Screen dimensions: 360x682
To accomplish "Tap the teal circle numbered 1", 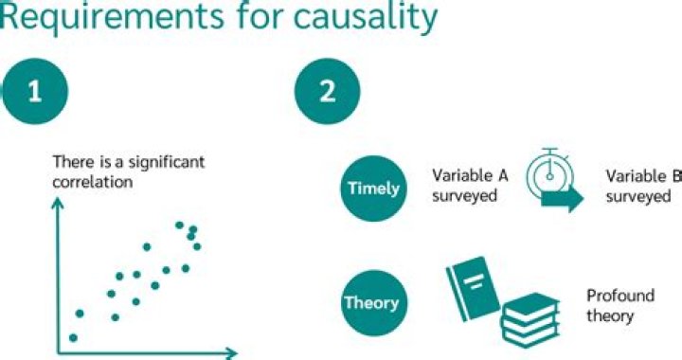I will coord(35,93).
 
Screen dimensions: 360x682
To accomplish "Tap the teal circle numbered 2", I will coord(327,93).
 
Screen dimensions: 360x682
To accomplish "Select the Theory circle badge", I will coord(370,304).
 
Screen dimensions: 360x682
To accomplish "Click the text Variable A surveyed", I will coord(466,186).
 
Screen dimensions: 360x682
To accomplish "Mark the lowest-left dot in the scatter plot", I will coord(73,337).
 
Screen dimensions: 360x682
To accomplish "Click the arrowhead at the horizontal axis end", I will coord(231,355).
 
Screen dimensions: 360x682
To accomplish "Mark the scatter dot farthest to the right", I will coord(197,246).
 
